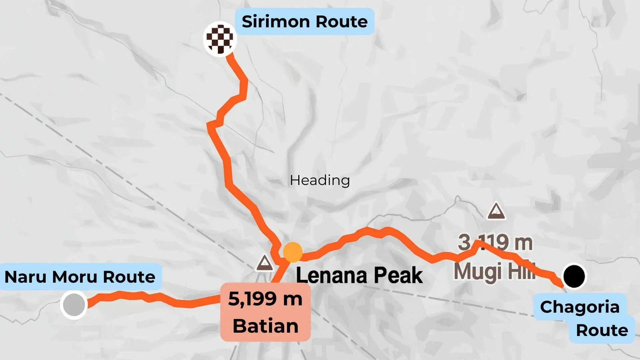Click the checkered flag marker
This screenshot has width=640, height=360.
coord(220,39)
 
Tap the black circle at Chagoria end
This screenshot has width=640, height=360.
coord(574,276)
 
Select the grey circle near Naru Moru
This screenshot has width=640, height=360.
coord(74,304)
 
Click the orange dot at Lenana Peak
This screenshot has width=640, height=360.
coord(293,252)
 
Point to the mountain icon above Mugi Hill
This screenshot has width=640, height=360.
coord(496,211)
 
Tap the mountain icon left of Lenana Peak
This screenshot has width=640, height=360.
coord(265,263)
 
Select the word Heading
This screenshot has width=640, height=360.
coord(320,180)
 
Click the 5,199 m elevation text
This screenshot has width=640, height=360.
coord(265,299)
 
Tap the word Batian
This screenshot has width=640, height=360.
coord(265,326)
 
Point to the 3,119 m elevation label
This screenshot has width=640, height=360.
coord(495,242)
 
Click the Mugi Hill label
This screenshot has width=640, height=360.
coord(494,271)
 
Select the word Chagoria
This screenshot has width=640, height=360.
coord(580,307)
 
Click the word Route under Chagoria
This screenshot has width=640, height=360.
coord(602,330)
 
